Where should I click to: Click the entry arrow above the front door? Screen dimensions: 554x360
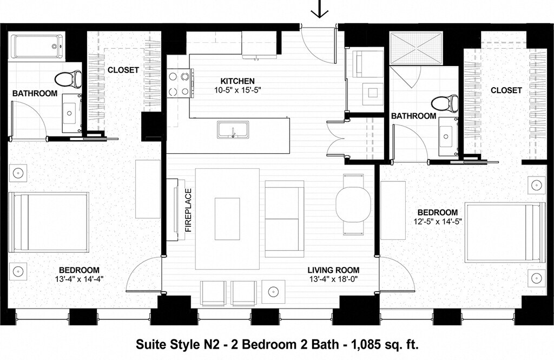coord(320,9)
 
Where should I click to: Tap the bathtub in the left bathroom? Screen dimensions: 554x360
coord(37,47)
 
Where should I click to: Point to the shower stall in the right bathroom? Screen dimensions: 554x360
coord(416,49)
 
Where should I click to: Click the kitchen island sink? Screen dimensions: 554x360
coord(233,129)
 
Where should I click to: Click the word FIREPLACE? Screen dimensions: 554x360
coord(188,210)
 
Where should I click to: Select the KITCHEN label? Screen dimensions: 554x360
coord(238,81)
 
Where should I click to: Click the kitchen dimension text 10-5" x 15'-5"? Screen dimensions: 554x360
coord(238,90)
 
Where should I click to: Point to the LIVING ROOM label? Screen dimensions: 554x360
coord(333,271)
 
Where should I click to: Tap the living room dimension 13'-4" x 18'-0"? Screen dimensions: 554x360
coord(333,279)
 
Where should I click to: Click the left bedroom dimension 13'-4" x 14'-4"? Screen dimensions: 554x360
coord(79,279)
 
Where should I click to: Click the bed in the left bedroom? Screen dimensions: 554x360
coord(49,222)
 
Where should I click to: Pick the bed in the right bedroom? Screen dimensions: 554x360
coord(505,232)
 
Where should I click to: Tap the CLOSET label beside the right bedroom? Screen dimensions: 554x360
coord(506,90)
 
